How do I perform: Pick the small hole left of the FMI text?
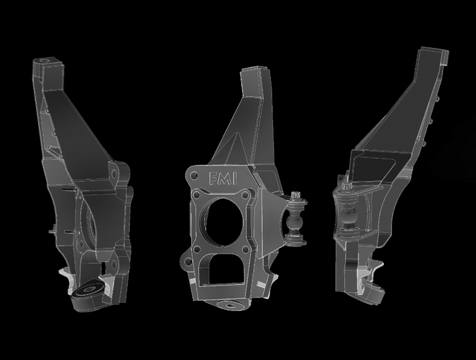pos(195,174)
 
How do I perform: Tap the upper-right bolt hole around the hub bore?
pos(244,197)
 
